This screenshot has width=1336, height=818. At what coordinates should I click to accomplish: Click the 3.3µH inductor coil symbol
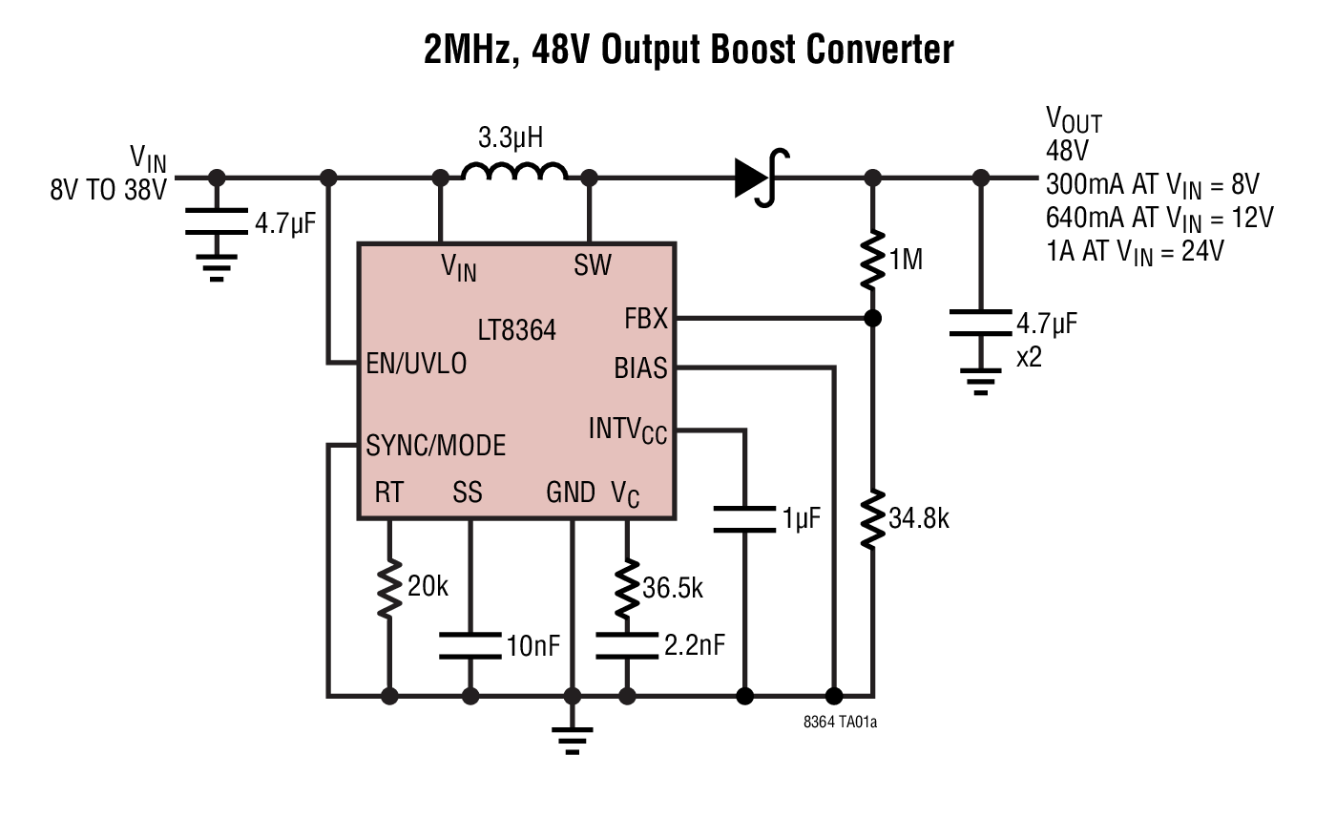pos(514,172)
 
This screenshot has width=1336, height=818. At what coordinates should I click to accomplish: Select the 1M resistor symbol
pos(871,258)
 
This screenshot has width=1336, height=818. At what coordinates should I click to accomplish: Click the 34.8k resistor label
pos(919,520)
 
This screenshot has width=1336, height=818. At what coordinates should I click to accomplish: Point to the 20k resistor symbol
pos(389,589)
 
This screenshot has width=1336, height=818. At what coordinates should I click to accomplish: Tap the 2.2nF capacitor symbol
pos(627,645)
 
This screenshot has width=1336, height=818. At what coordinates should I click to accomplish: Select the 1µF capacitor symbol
pos(744,519)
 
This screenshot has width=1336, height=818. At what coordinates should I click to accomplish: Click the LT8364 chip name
pos(516,330)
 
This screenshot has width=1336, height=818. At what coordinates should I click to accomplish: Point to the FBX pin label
pos(646,319)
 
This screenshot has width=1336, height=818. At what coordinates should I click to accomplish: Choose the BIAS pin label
pos(640,367)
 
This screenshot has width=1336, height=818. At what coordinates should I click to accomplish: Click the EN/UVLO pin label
pos(417,364)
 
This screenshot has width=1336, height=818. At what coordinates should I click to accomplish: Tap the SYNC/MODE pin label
pos(436,445)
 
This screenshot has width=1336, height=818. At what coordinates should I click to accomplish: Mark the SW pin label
pos(593,264)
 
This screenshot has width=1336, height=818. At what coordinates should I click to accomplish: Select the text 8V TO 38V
pos(108,190)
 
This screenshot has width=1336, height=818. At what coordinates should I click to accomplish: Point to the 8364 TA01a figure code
pos(840,723)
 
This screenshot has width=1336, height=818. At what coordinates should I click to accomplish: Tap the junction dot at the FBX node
pos(871,318)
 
